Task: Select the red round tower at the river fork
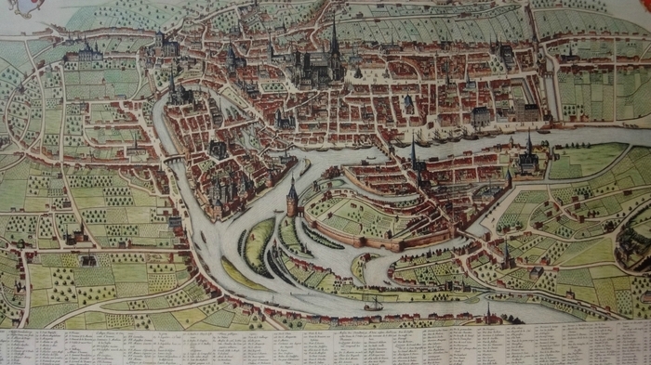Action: point(292,198)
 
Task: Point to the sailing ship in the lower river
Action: point(373,304)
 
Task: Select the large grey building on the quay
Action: point(480,117)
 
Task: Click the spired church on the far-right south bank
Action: point(529,156)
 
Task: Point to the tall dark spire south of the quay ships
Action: point(415,156)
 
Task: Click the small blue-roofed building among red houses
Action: point(408,102)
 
